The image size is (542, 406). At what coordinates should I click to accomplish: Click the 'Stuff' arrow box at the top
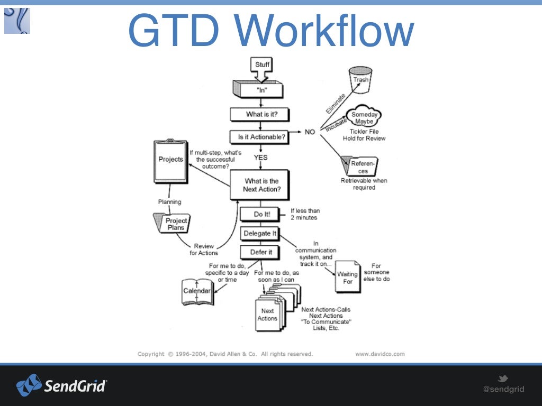pos(262,66)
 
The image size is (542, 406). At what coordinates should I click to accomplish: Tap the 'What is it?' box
pos(260,114)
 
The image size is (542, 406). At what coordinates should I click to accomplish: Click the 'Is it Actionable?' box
pos(261,137)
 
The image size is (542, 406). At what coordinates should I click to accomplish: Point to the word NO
pos(310,132)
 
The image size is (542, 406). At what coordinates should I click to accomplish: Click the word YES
pos(260,157)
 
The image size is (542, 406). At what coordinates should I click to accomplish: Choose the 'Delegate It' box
pos(259,233)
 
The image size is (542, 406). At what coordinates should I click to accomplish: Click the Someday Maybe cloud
pos(364,117)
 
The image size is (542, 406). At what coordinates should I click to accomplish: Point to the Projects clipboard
pos(170,161)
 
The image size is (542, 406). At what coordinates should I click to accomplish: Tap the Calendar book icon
pos(197,291)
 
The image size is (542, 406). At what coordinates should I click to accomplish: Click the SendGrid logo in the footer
pos(61,385)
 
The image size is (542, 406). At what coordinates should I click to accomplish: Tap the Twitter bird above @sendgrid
pos(503,379)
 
